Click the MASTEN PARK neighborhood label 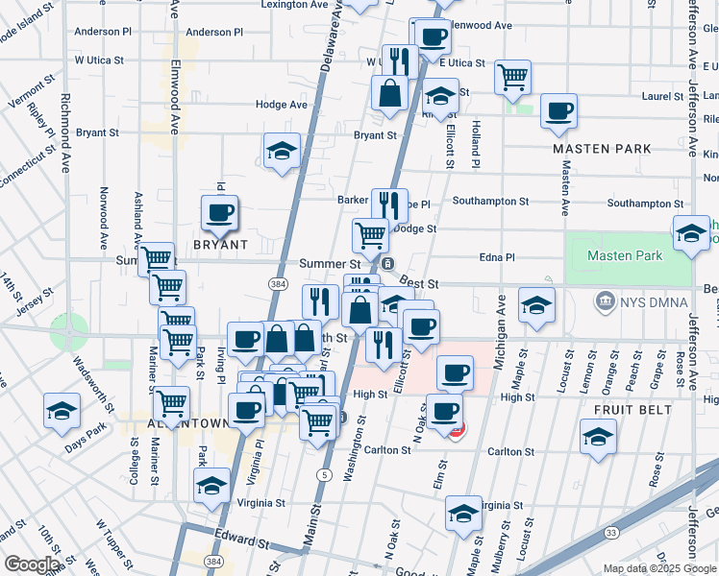pyautogui.click(x=602, y=149)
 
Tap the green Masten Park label pyautogui.click(x=625, y=256)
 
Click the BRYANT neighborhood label pyautogui.click(x=220, y=245)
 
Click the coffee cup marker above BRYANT pyautogui.click(x=220, y=212)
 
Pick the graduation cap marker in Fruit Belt pyautogui.click(x=598, y=437)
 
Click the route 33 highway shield pyautogui.click(x=610, y=532)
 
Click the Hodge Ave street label pyautogui.click(x=281, y=105)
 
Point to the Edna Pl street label pyautogui.click(x=498, y=257)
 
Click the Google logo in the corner pyautogui.click(x=32, y=564)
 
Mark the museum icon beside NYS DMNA pyautogui.click(x=606, y=302)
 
